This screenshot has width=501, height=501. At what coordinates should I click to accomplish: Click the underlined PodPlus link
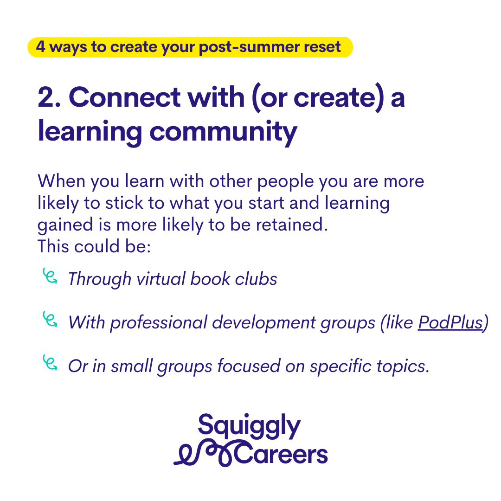point(450,322)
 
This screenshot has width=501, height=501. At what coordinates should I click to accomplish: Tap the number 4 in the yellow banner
point(40,46)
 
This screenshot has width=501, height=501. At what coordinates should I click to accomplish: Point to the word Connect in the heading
point(125,97)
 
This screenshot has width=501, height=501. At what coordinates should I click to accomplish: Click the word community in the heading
point(223,132)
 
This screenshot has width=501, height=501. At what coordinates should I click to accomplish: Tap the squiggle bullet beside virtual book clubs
point(50,276)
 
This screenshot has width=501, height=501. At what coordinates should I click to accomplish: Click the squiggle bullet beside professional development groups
point(50,319)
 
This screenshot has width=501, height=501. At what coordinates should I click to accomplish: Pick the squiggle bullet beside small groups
point(50,363)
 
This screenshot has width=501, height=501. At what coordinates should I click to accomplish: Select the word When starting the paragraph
point(61,181)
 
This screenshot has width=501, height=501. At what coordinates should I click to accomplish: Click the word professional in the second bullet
point(159,323)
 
